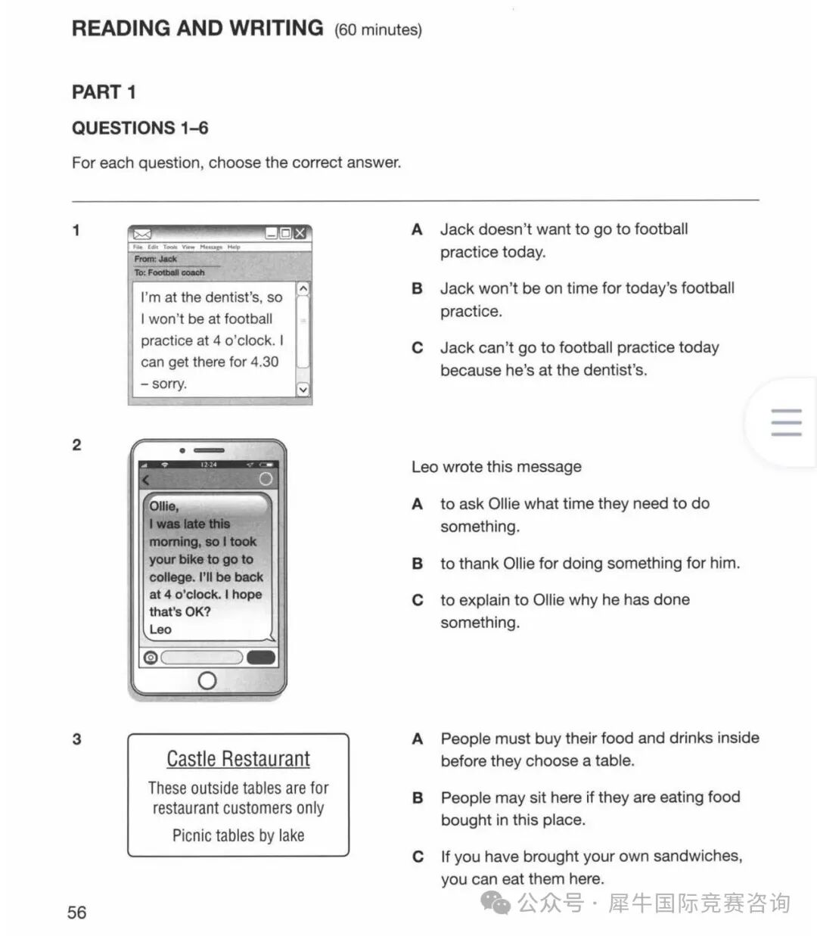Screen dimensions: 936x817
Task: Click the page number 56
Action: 76,912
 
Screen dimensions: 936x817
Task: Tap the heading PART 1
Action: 104,92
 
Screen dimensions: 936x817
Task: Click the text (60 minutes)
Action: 378,30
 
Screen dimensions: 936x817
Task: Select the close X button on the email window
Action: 300,233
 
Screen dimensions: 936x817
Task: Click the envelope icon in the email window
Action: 142,234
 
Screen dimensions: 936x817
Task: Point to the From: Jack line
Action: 156,259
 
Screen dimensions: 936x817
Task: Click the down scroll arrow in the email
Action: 303,390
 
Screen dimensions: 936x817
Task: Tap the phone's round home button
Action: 207,681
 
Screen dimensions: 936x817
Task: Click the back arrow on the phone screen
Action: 146,480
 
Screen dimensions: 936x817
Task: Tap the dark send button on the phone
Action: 261,657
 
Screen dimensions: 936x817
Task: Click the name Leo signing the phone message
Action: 160,629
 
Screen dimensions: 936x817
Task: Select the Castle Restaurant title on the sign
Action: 238,759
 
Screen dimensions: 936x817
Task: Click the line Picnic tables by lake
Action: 238,835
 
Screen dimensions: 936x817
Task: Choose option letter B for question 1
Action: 417,288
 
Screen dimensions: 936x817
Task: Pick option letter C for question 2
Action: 417,600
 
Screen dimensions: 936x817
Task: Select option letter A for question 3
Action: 417,739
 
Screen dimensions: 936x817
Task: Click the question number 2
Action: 76,445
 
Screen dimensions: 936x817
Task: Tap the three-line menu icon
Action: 786,422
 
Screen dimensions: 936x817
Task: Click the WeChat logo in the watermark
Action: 496,903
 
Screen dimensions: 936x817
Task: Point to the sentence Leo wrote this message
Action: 496,467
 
